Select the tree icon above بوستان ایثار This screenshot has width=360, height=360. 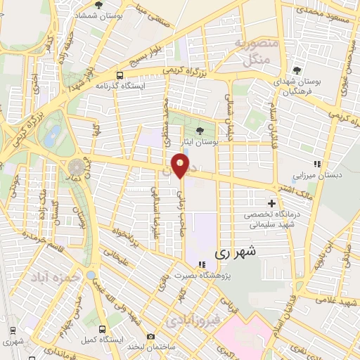pyautogui.click(x=200, y=131)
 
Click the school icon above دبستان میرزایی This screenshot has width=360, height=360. pyautogui.click(x=317, y=164)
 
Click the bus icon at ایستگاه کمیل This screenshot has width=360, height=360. pyautogui.click(x=103, y=328)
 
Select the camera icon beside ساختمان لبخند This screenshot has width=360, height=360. pyautogui.click(x=150, y=337)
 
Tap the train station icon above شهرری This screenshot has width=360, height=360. pyautogui.click(x=11, y=330)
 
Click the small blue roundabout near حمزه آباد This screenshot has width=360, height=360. pyautogui.click(x=92, y=274)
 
